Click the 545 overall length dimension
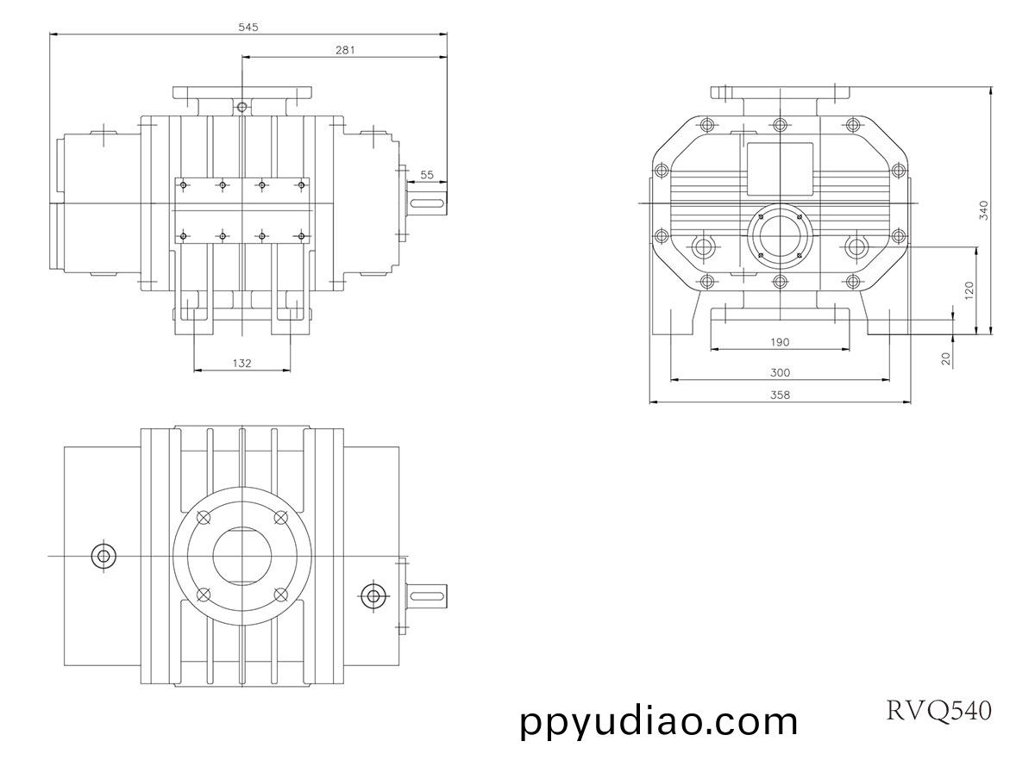click(248, 27)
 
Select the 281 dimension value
click(345, 50)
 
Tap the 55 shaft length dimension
click(427, 175)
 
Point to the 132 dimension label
click(242, 364)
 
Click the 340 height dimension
click(984, 210)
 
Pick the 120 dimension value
click(969, 290)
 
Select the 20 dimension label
click(946, 359)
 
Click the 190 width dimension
click(779, 342)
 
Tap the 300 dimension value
click(780, 373)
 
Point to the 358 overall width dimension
click(780, 395)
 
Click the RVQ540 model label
click(939, 710)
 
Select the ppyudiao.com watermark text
click(660, 721)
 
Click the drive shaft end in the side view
click(428, 203)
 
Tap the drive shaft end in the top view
click(428, 595)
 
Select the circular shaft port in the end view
click(780, 234)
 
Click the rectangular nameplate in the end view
click(780, 168)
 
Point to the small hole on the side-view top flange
click(242, 107)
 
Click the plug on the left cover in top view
click(103, 556)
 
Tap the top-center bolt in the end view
click(780, 124)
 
